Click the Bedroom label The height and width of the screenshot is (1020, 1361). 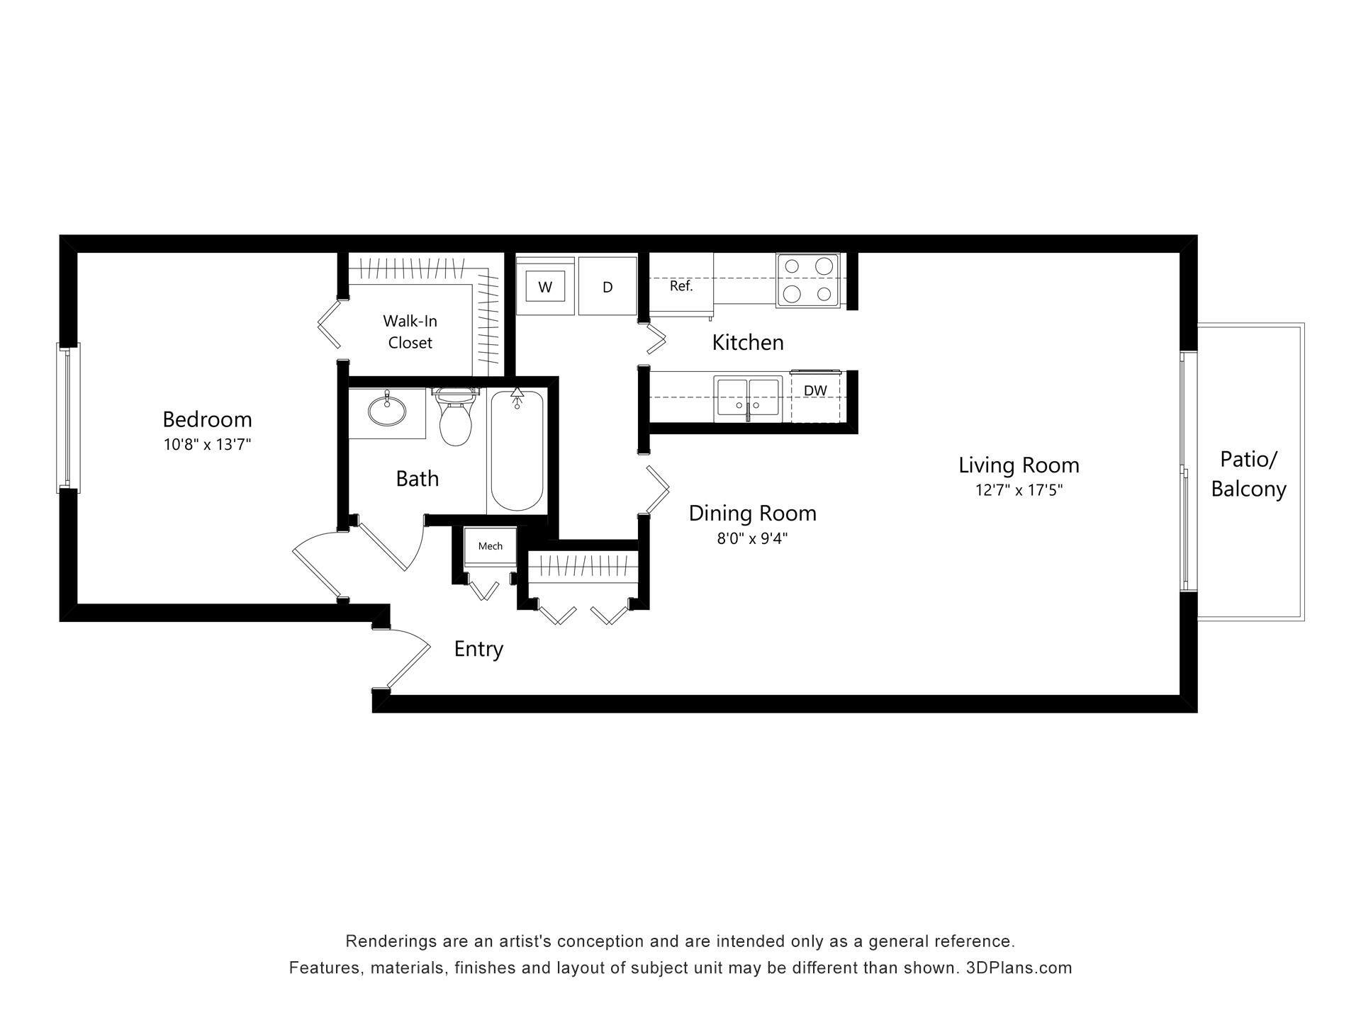click(x=207, y=419)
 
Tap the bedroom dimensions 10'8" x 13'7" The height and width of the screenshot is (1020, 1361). click(x=207, y=445)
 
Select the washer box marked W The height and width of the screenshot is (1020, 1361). click(x=544, y=287)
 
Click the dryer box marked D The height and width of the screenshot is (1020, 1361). click(x=607, y=287)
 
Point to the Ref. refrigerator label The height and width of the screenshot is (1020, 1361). click(x=680, y=286)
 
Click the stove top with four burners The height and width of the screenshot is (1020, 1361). click(x=807, y=280)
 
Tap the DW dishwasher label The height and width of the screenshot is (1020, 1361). click(x=815, y=390)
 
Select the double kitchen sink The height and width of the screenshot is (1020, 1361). click(x=748, y=399)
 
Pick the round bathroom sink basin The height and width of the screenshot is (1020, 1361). click(x=387, y=409)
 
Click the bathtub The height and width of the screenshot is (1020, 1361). click(x=517, y=453)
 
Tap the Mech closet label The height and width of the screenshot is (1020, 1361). click(x=490, y=546)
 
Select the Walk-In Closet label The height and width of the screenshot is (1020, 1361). click(x=410, y=331)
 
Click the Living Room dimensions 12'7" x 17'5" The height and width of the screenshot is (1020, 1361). click(x=1019, y=490)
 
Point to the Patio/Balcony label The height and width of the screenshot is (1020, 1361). click(x=1248, y=474)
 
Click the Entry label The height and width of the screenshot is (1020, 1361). click(x=478, y=649)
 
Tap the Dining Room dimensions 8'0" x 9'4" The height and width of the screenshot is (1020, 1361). click(x=752, y=538)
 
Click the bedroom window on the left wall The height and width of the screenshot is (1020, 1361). click(x=69, y=418)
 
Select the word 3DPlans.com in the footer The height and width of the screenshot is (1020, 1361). click(x=1019, y=968)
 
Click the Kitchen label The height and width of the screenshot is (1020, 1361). click(x=748, y=343)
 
